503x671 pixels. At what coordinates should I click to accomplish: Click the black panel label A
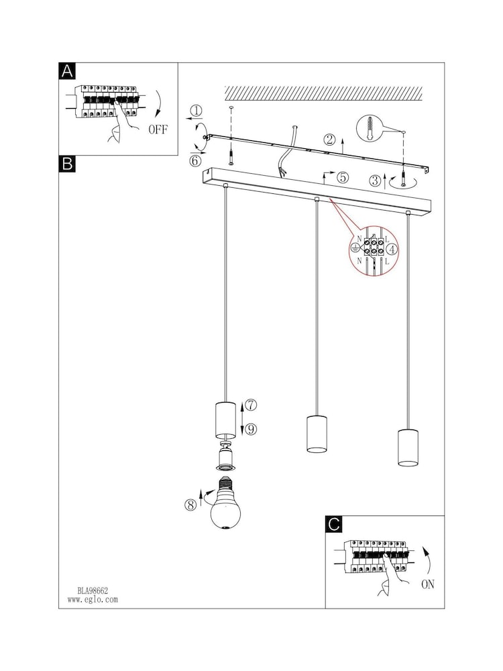[x=66, y=71]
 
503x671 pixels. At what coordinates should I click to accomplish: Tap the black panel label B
[x=66, y=164]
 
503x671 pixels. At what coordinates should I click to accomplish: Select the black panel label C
[x=333, y=524]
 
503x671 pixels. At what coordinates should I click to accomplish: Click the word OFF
[x=158, y=130]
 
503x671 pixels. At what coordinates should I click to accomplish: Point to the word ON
[x=428, y=584]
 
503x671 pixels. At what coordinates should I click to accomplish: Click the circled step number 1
[x=196, y=111]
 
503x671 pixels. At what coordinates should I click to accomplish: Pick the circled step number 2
[x=330, y=140]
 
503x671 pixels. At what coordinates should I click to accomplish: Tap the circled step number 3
[x=375, y=180]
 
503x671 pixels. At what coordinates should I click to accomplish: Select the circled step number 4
[x=392, y=250]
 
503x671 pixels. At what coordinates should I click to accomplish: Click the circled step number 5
[x=343, y=177]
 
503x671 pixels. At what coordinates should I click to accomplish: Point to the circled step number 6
[x=195, y=161]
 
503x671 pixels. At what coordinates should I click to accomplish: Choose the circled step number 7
[x=251, y=405]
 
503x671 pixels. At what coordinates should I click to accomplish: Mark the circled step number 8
[x=190, y=505]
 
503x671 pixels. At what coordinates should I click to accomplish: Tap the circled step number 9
[x=251, y=429]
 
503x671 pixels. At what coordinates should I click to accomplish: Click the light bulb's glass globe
[x=225, y=513]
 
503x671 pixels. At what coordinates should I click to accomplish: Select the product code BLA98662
[x=93, y=590]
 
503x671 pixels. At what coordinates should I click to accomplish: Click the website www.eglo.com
[x=93, y=599]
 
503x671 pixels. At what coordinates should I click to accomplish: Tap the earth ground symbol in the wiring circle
[x=354, y=248]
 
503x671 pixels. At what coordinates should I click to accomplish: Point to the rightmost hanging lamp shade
[x=408, y=447]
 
